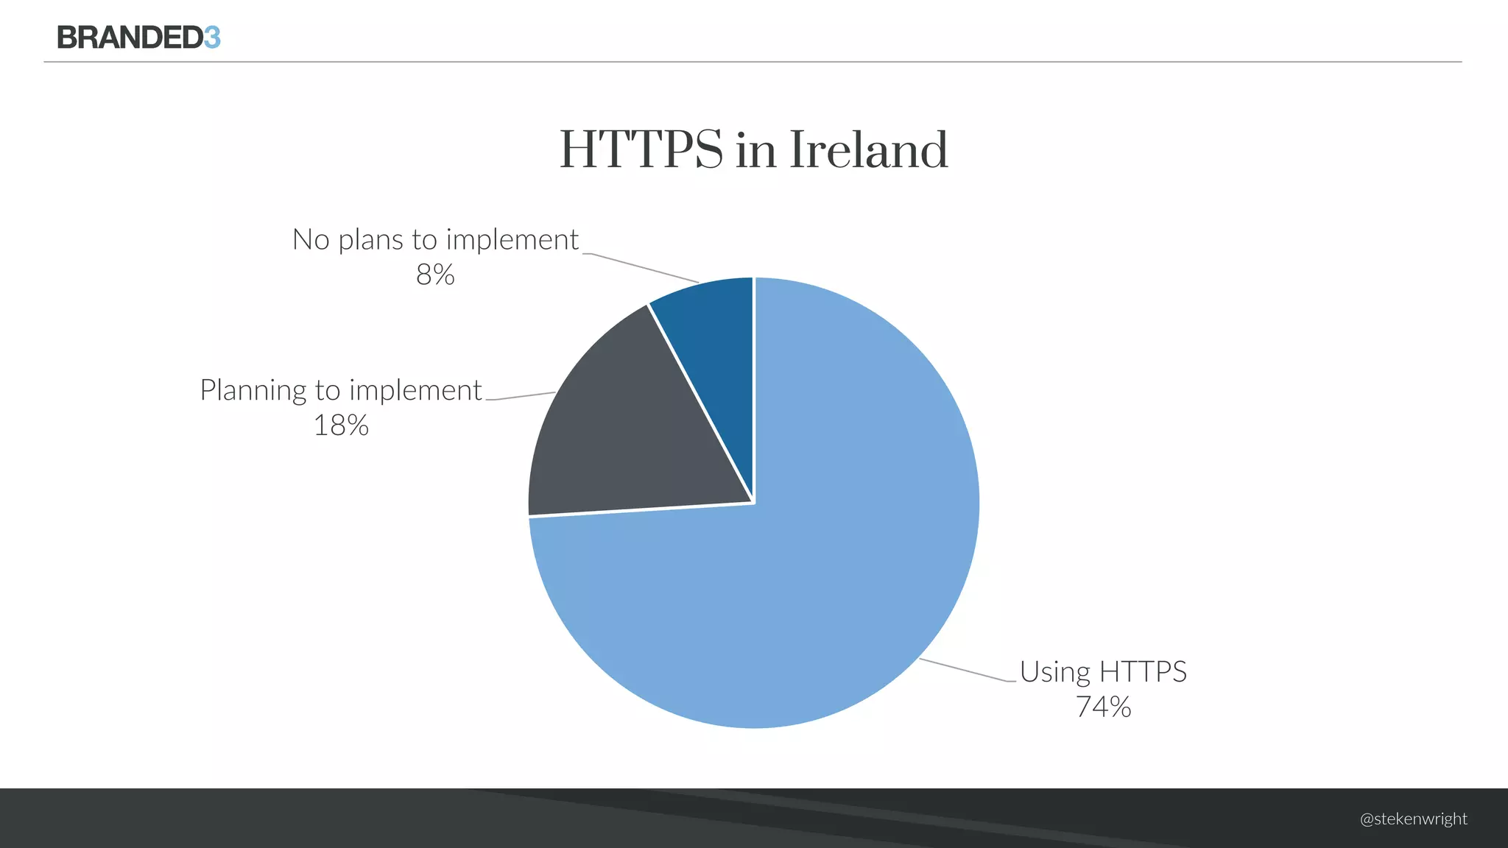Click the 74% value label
(1103, 707)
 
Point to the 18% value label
(341, 425)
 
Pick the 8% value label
(435, 275)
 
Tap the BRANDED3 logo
(138, 38)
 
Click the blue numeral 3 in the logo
(212, 38)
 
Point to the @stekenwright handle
(1413, 819)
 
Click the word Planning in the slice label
(253, 391)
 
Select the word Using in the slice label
(1054, 673)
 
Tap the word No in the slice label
(311, 240)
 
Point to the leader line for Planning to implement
(521, 396)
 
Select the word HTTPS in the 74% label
(1143, 672)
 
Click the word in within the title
(755, 151)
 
